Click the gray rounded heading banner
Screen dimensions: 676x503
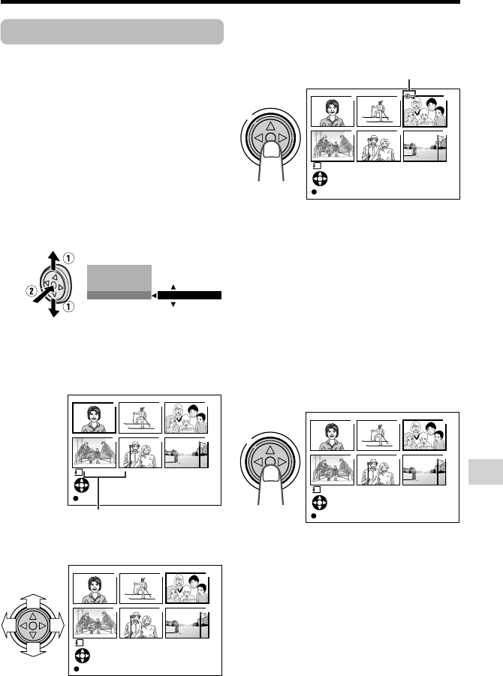coord(113,32)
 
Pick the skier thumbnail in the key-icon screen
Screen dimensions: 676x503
coord(378,111)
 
